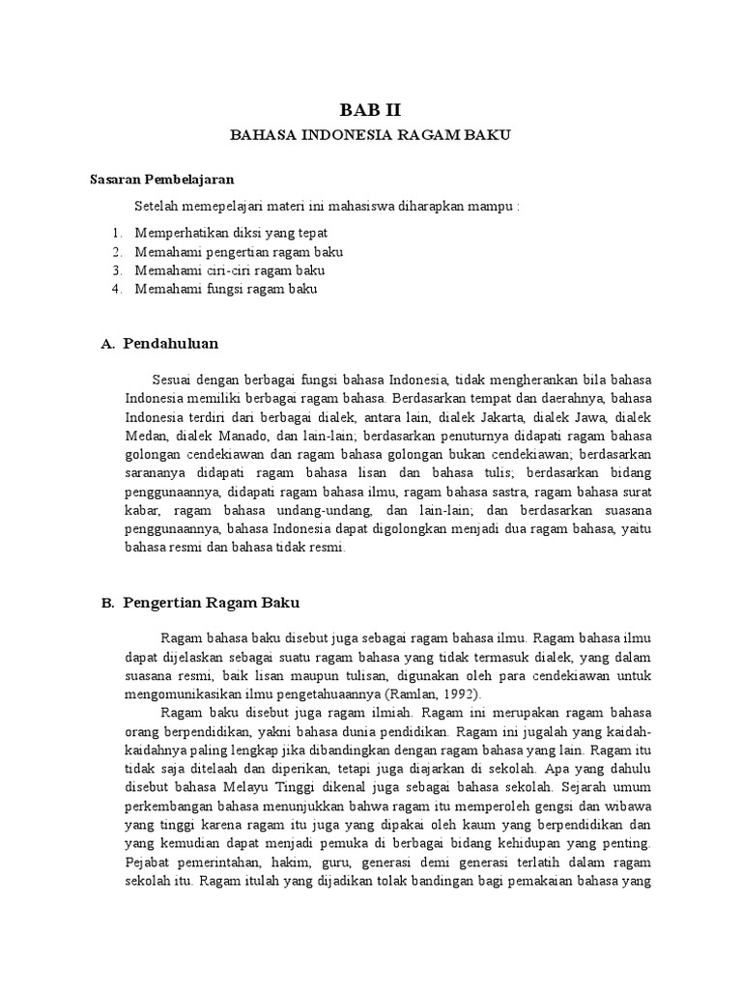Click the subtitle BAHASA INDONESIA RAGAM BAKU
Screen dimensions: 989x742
coord(369,136)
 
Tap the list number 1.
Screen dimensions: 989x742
coord(117,234)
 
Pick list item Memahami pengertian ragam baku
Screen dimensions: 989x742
coord(240,252)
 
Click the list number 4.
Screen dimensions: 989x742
coord(117,289)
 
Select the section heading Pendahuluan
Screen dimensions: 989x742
coord(171,343)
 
